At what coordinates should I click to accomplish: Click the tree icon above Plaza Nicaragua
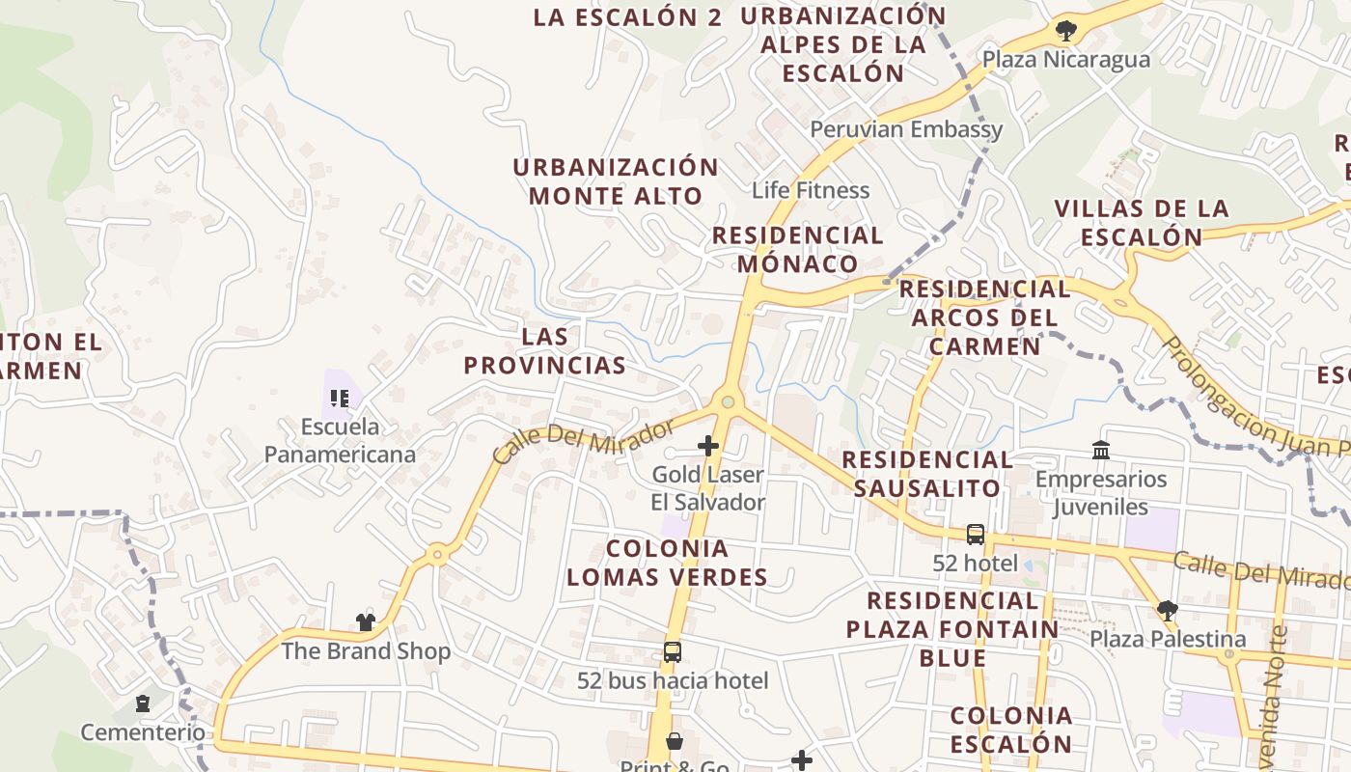click(x=1065, y=31)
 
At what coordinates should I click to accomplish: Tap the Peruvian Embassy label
click(x=906, y=129)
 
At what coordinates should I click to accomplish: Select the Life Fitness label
click(x=811, y=190)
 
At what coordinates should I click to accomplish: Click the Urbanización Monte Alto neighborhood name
click(x=616, y=181)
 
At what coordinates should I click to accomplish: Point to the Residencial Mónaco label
click(x=798, y=249)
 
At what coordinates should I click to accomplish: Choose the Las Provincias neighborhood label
click(x=545, y=351)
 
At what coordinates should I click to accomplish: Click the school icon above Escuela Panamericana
click(x=339, y=398)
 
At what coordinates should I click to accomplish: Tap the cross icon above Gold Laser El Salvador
click(x=708, y=446)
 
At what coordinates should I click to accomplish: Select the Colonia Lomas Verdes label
click(x=667, y=563)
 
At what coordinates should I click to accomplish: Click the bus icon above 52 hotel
click(x=976, y=534)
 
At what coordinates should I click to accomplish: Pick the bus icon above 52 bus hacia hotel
click(x=673, y=652)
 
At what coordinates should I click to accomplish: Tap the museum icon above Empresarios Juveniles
click(x=1101, y=450)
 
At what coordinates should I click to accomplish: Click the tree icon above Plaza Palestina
click(x=1168, y=610)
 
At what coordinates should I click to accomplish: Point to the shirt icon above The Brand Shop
click(x=365, y=622)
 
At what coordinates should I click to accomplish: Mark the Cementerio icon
click(x=143, y=703)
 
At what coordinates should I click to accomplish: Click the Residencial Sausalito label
click(x=927, y=474)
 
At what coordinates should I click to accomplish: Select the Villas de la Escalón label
click(x=1142, y=222)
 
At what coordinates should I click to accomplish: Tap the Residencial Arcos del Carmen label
click(x=984, y=317)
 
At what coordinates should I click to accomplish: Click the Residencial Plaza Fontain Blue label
click(x=952, y=629)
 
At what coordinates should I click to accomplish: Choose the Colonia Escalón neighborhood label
click(x=1010, y=730)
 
